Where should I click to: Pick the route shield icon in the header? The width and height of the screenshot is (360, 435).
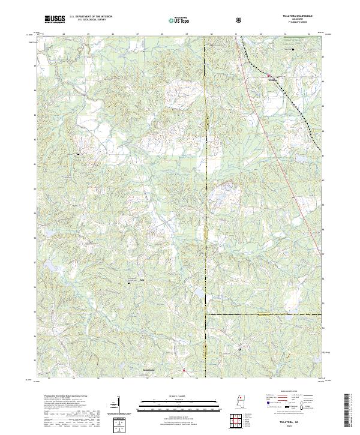click(241, 20)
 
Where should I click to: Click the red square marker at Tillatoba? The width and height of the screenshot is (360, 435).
click(268, 76)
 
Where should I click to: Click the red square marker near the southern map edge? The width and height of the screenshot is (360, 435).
click(184, 371)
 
